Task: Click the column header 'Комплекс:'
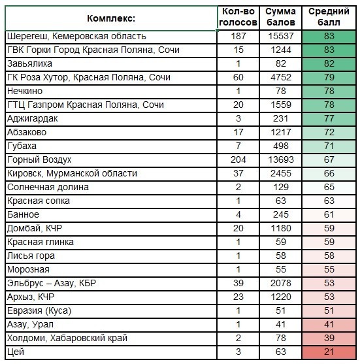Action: pyautogui.click(x=111, y=18)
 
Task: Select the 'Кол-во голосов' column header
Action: pyautogui.click(x=238, y=17)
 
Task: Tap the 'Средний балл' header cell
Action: pyautogui.click(x=329, y=17)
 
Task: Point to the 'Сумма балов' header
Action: pyautogui.click(x=281, y=17)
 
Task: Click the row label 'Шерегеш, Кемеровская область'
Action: pyautogui.click(x=76, y=37)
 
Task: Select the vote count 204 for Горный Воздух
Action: pyautogui.click(x=238, y=159)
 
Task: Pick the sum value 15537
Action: pyautogui.click(x=281, y=36)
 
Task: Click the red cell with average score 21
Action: pyautogui.click(x=329, y=352)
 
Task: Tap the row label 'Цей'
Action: pyautogui.click(x=16, y=352)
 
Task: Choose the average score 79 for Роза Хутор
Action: pyautogui.click(x=329, y=77)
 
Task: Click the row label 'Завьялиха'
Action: pyautogui.click(x=29, y=64)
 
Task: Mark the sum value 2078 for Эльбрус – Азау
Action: pyautogui.click(x=281, y=283)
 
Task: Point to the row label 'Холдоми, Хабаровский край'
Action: pyautogui.click(x=67, y=339)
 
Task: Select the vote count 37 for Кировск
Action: pyautogui.click(x=238, y=173)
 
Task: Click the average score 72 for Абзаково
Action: pyautogui.click(x=329, y=132)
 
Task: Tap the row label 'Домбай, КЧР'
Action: pyautogui.click(x=35, y=229)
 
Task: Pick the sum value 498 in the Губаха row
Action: pyautogui.click(x=281, y=146)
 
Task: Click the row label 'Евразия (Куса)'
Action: pyautogui.click(x=39, y=311)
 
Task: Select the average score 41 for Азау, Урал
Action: pyautogui.click(x=329, y=325)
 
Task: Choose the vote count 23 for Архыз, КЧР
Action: pyautogui.click(x=238, y=297)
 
